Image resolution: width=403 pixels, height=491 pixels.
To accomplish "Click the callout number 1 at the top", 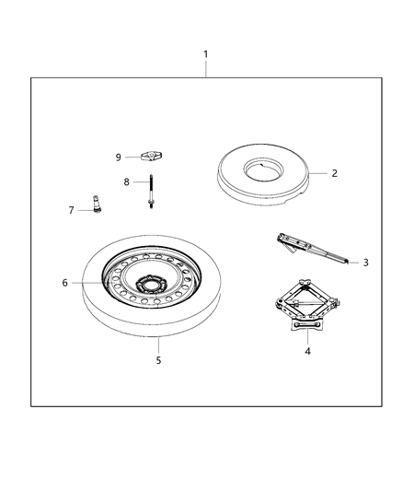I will [x=205, y=53].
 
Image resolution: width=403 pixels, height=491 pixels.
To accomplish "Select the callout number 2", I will [x=335, y=172].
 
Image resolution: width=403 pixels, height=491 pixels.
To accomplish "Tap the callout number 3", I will [x=365, y=263].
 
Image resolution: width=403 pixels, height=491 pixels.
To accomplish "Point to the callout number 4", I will [x=306, y=351].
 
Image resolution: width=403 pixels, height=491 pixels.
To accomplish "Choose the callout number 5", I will [x=158, y=360].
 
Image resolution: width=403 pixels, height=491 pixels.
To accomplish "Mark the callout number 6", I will [x=65, y=283].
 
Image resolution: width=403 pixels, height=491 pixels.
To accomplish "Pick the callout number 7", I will [x=71, y=210].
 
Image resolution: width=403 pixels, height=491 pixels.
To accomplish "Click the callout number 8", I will [x=128, y=181].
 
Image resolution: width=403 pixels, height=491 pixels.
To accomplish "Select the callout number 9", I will [x=119, y=157].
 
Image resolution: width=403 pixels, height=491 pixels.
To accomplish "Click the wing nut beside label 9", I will [x=150, y=157].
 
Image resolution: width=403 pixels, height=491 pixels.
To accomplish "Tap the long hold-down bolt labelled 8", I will [x=149, y=193].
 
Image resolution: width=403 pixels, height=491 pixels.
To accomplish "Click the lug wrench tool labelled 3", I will [x=308, y=249].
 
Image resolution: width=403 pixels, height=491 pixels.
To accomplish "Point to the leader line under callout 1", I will [x=205, y=69].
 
